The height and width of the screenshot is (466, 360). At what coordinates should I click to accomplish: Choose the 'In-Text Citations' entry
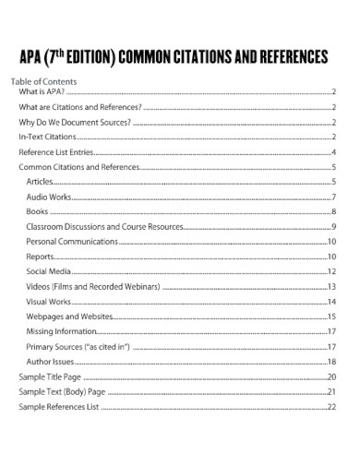[48, 137]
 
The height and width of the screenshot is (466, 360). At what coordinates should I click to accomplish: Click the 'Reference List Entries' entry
[56, 152]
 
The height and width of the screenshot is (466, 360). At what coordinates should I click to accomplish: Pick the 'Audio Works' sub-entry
[48, 197]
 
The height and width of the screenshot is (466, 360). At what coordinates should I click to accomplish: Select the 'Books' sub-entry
[37, 212]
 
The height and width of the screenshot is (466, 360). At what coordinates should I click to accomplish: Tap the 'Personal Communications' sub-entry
[72, 242]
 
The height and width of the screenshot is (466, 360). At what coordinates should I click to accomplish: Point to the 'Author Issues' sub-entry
[52, 361]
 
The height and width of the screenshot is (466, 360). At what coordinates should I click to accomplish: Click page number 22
[330, 406]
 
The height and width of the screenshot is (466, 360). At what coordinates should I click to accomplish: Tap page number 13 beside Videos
[330, 287]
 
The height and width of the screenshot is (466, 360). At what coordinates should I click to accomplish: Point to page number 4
[332, 152]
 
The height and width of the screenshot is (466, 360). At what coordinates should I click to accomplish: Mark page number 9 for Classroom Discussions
[332, 227]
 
